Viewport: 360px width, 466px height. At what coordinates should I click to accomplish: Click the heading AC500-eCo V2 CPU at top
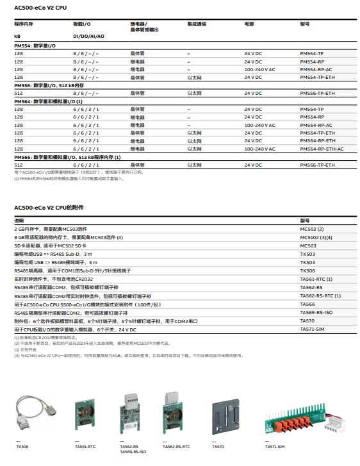[x=40, y=7]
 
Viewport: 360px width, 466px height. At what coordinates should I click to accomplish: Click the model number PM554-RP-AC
[x=316, y=69]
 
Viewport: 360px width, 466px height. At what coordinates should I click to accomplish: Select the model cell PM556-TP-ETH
[x=317, y=94]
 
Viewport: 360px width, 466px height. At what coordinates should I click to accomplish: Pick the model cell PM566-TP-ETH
[x=317, y=165]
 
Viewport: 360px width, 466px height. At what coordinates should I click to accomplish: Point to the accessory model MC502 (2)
[x=311, y=229]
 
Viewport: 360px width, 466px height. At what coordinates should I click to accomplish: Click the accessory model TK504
[x=307, y=262]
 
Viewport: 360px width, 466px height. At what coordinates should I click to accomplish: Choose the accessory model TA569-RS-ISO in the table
[x=316, y=312]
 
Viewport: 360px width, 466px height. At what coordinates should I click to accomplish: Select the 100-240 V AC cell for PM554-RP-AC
[x=259, y=69]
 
